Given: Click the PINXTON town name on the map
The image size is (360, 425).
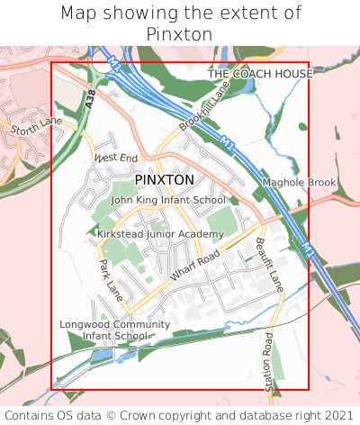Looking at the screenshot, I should (164, 180).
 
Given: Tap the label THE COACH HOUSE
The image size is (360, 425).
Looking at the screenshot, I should (260, 74).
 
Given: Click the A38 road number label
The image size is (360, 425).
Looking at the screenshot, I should (91, 101).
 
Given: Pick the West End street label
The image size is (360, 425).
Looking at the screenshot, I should (116, 158).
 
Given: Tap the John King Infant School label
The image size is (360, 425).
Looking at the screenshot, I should (168, 200).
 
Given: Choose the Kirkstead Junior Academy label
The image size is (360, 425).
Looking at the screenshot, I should (160, 234).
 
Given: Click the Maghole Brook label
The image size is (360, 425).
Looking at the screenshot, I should (298, 183).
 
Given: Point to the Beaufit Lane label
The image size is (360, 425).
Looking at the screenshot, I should (268, 263).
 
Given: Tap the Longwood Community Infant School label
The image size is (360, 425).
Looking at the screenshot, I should (114, 330).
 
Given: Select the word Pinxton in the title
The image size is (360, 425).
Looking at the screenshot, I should (179, 34).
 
